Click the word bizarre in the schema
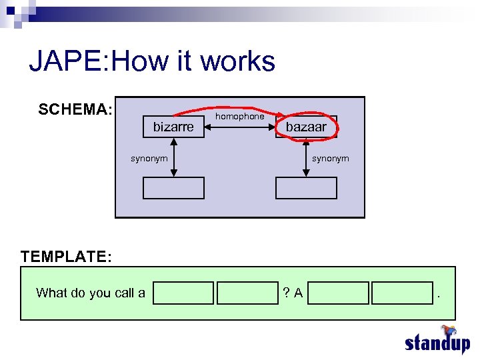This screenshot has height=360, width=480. pyautogui.click(x=173, y=127)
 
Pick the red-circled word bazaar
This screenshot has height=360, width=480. pyautogui.click(x=306, y=127)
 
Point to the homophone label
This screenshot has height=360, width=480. pyautogui.click(x=239, y=116)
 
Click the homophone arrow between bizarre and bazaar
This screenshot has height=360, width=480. pyautogui.click(x=239, y=127)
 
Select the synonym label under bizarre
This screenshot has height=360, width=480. pyautogui.click(x=149, y=158)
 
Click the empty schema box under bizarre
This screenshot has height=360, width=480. pyautogui.click(x=173, y=188)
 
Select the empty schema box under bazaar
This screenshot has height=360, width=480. pyautogui.click(x=306, y=188)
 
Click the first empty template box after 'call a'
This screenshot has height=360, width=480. pyautogui.click(x=183, y=293)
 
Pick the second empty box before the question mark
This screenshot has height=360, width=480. pyautogui.click(x=247, y=293)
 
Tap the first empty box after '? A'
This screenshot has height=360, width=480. pyautogui.click(x=339, y=293)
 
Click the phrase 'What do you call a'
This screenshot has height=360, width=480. pyautogui.click(x=91, y=293)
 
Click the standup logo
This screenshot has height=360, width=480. pyautogui.click(x=437, y=341)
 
